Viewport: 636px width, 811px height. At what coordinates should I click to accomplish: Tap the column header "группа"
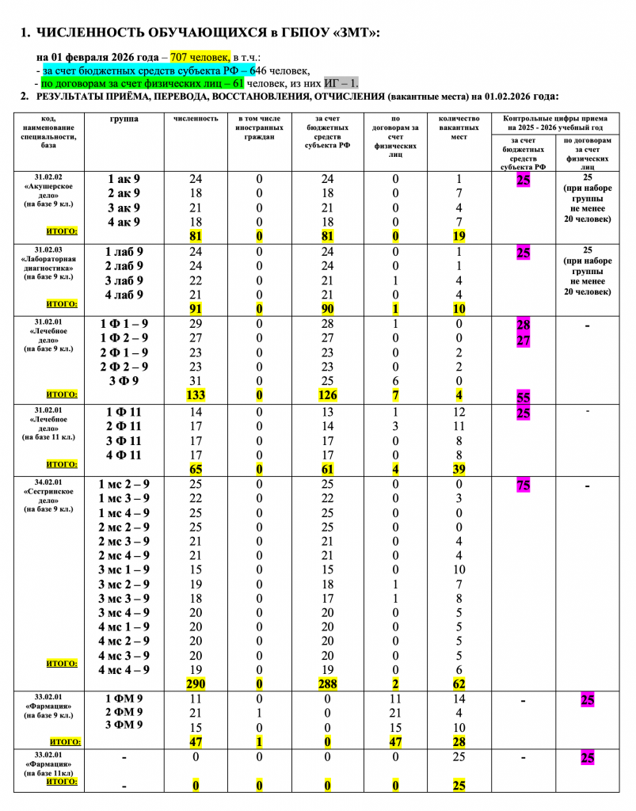(x=120, y=119)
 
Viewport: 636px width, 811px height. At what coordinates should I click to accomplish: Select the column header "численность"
(x=196, y=119)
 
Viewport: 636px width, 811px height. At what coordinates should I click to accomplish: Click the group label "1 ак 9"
(x=124, y=179)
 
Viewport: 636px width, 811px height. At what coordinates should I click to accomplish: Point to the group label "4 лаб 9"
(x=124, y=295)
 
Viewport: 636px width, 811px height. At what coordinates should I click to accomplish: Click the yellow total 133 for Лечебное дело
(x=196, y=395)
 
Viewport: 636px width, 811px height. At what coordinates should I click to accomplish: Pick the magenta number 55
(x=524, y=398)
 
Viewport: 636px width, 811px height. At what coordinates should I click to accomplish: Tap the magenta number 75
(x=523, y=485)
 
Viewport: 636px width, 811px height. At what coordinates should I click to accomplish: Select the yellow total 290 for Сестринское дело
(x=196, y=683)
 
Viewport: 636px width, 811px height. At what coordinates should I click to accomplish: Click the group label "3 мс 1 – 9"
(x=124, y=569)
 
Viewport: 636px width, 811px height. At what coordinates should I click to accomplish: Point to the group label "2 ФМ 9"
(x=124, y=714)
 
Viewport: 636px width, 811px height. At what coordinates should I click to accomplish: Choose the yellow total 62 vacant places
(x=459, y=683)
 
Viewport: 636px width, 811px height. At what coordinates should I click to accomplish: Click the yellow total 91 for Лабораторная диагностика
(x=196, y=310)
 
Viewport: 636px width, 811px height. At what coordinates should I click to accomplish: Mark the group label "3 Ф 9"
(x=124, y=381)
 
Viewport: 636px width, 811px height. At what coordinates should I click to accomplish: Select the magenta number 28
(x=523, y=325)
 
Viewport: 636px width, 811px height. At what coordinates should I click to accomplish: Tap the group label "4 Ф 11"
(x=124, y=455)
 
